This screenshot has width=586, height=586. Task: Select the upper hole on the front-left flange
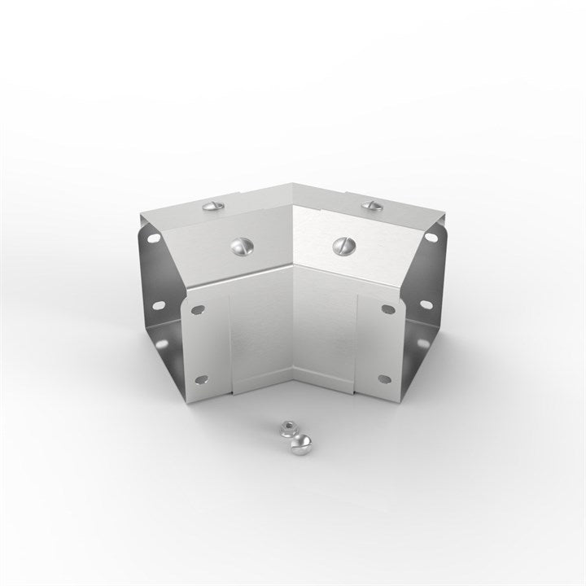pos(196,308)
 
